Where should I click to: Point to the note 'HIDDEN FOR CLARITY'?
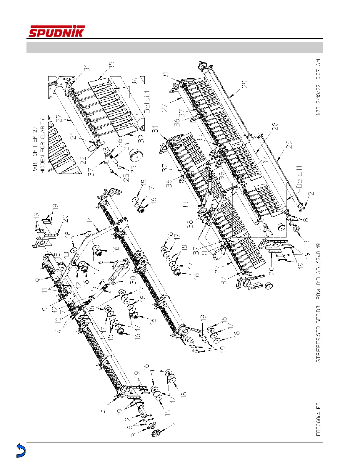43,146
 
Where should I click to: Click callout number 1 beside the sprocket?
175,424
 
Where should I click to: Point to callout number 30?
133,278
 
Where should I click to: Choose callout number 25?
126,178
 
